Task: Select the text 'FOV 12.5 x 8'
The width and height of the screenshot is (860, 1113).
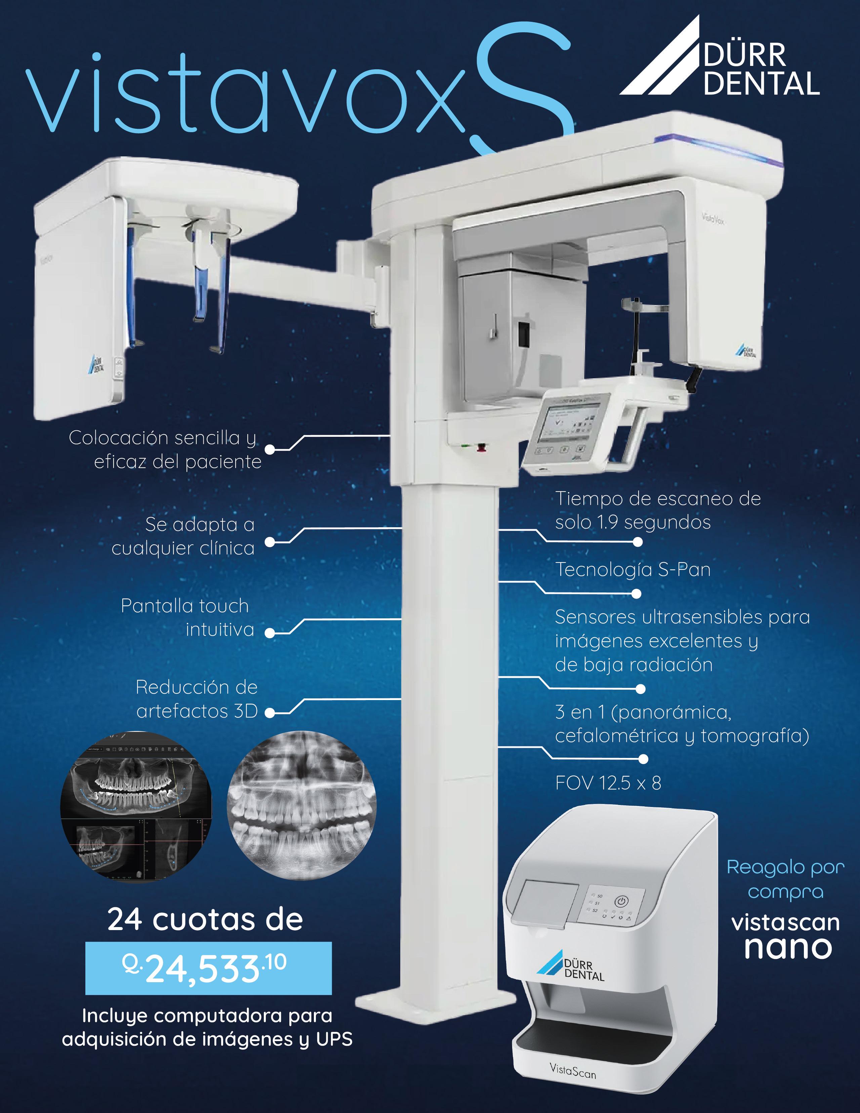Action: pos(608,783)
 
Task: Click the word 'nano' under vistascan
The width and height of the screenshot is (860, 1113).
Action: pos(788,947)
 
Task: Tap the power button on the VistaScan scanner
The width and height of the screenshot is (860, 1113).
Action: pos(620,901)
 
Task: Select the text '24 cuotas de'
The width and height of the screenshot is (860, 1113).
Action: pos(205,920)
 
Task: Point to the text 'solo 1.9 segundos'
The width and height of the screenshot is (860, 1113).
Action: pos(633,522)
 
